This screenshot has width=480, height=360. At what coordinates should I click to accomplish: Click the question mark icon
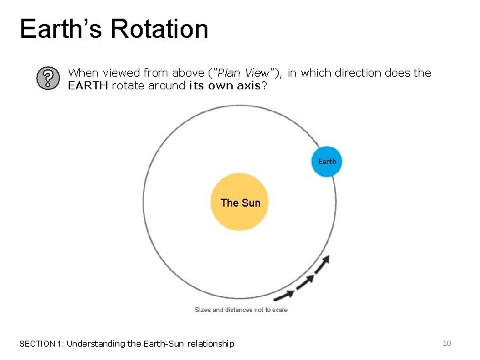pos(46,78)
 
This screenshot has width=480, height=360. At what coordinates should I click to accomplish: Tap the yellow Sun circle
pos(240,202)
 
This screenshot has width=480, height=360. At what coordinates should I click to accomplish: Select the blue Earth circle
pos(327,161)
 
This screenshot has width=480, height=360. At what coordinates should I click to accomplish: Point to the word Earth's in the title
pos(59,29)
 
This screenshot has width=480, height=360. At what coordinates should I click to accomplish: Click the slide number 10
pos(447,343)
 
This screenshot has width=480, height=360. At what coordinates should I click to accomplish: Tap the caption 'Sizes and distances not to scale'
pos(241,310)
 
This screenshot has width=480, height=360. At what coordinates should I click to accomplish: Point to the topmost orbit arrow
pos(322,265)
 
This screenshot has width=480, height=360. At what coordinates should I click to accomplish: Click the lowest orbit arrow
pos(286,294)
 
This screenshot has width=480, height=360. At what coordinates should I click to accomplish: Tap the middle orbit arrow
pos(305,281)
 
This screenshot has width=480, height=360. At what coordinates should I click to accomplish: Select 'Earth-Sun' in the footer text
pos(165,344)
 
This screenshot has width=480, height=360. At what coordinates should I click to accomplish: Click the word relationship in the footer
pos(211,344)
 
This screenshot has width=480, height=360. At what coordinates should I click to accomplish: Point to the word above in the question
pos(189,73)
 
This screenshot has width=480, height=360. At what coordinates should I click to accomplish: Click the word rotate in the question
pos(127,85)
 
